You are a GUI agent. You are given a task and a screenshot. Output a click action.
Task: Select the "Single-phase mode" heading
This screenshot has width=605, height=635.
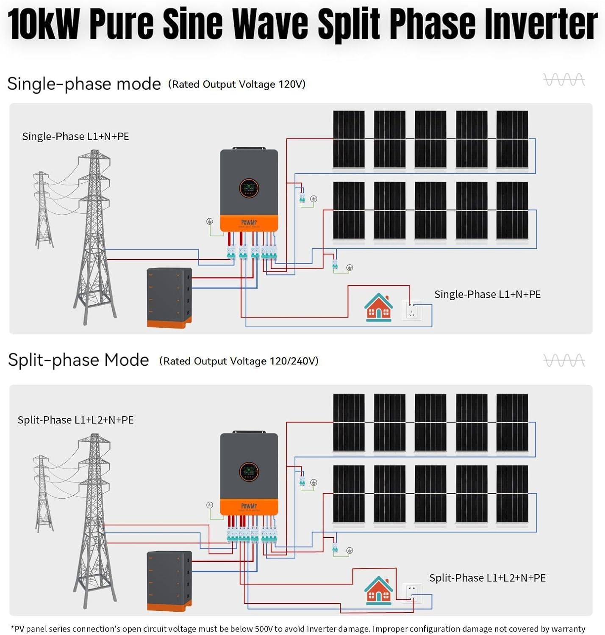pos(84,84)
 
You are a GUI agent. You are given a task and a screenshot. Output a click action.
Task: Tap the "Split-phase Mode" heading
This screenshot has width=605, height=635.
pos(78,360)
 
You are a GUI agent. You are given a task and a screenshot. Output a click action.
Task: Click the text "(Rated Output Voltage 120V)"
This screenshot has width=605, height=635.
pos(236,84)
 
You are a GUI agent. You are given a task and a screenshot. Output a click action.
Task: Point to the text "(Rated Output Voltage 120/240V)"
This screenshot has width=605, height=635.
pos(239,361)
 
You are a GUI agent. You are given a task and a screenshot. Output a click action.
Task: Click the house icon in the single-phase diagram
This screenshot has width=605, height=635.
pos(378,308)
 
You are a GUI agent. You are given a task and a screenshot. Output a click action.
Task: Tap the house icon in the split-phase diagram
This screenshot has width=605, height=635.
pos(378,591)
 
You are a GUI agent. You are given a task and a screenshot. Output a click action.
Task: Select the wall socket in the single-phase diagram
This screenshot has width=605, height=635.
pos(411,310)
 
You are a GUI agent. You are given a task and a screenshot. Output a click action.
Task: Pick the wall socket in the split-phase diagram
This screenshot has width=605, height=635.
pos(411,593)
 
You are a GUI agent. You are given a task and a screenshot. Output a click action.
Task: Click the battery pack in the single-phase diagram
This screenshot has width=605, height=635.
pos(169,298)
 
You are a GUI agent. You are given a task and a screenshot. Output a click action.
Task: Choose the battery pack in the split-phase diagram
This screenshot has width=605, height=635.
pos(169,581)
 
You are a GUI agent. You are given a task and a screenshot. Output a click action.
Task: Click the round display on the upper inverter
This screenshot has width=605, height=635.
pos(249,188)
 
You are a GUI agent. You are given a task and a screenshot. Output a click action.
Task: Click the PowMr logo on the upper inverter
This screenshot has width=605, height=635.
pos(249,223)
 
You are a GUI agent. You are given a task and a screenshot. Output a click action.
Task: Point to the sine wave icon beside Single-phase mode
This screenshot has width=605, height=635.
pos(564,80)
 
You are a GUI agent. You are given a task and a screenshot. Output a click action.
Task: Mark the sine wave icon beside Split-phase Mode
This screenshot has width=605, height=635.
pos(564,361)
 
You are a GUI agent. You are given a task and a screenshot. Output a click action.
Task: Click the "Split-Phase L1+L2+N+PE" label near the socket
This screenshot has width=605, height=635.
pos(487,578)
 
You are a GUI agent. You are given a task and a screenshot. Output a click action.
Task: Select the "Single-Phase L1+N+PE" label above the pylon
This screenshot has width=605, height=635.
pos(75,136)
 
